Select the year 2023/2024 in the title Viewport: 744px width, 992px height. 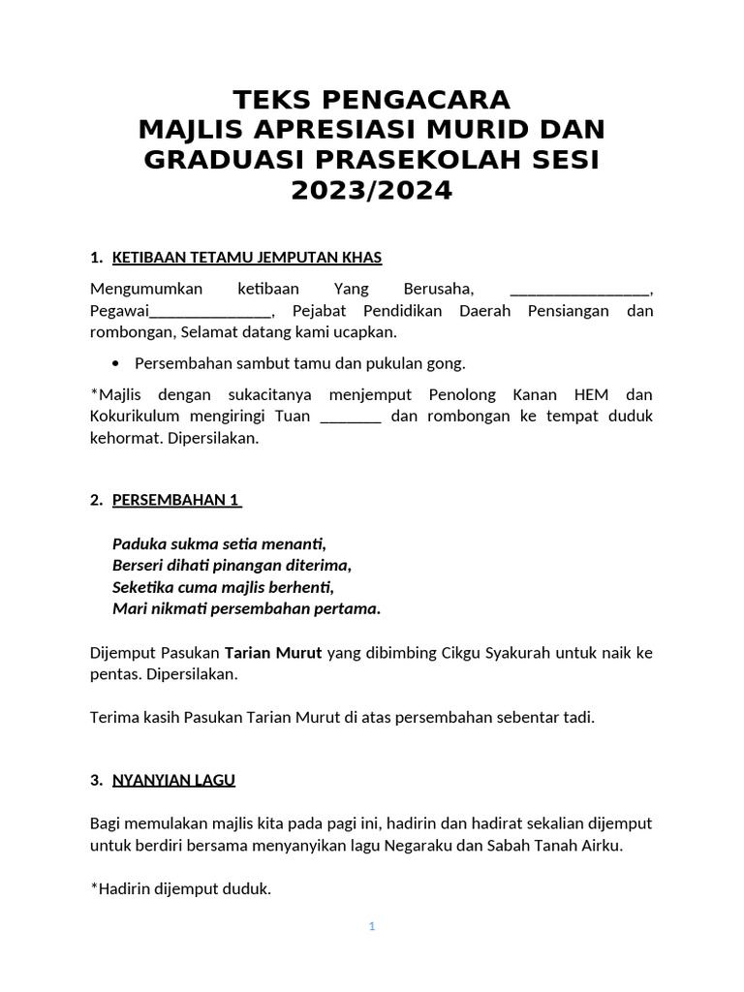(x=372, y=191)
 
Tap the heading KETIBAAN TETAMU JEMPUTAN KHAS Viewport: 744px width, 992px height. (x=247, y=257)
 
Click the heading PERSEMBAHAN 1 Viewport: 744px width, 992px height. (x=175, y=500)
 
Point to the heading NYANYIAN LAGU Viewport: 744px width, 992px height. (x=173, y=780)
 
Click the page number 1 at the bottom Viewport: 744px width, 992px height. (x=371, y=926)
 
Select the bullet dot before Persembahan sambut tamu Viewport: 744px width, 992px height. (x=116, y=363)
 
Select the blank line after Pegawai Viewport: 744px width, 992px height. (x=210, y=312)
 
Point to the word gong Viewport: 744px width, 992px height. (x=447, y=363)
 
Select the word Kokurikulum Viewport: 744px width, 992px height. (x=138, y=417)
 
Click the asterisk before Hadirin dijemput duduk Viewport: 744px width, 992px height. (x=93, y=885)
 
